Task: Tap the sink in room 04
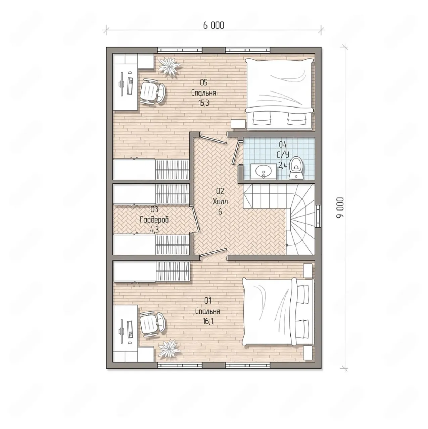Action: (264, 171)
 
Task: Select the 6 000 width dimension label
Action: (213, 25)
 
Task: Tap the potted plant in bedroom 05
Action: (170, 67)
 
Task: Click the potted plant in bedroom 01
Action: (169, 350)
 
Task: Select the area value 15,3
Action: (203, 103)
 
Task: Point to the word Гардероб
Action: (154, 220)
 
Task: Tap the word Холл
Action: (220, 202)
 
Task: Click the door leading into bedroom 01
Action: (213, 253)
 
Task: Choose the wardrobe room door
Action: (195, 219)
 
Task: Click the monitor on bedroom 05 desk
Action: (122, 84)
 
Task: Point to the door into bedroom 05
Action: (214, 137)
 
